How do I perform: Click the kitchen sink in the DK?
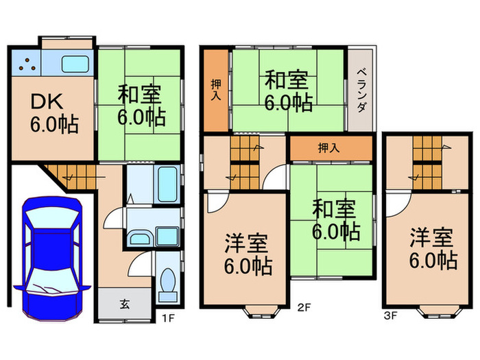(x=77, y=64)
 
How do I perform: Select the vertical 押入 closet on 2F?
(x=215, y=88)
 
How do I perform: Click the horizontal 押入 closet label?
(x=329, y=147)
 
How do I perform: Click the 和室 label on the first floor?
(x=140, y=104)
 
